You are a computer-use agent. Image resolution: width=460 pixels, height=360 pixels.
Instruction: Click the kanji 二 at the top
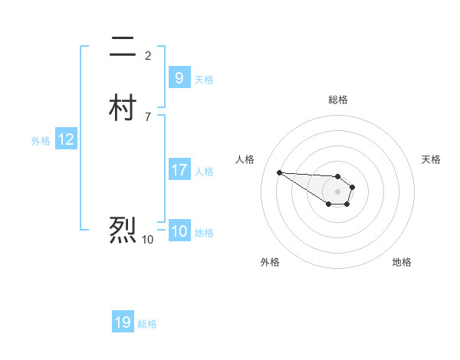(123, 47)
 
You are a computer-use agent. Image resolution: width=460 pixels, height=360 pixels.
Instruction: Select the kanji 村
(123, 109)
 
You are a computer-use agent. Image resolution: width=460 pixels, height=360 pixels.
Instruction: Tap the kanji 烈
(123, 230)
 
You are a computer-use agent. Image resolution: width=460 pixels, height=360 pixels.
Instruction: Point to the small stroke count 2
(148, 55)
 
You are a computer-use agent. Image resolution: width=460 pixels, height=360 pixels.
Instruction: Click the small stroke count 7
(148, 116)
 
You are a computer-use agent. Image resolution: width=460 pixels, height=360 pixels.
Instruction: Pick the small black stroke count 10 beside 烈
(147, 239)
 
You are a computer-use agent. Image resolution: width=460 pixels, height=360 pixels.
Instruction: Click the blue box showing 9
(179, 78)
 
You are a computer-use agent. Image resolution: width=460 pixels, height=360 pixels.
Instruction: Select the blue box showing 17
(179, 170)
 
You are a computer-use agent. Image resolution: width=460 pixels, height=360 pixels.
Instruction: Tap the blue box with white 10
(179, 231)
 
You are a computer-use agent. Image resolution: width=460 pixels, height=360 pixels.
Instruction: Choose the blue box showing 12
(65, 139)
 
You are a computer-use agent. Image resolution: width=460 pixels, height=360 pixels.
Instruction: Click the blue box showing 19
(123, 322)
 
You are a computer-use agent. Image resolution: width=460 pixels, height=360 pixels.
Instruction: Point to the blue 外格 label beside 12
(41, 141)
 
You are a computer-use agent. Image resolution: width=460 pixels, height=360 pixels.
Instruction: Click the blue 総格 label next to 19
(147, 324)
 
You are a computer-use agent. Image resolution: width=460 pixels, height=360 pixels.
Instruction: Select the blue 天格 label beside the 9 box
(204, 80)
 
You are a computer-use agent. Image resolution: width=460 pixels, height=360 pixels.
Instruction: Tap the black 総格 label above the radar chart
(337, 100)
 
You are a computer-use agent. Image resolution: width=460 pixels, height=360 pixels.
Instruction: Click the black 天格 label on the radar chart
(431, 159)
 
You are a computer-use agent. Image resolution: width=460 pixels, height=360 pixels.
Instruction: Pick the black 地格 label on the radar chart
(402, 262)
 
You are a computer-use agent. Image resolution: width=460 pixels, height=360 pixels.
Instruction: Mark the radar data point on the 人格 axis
(279, 172)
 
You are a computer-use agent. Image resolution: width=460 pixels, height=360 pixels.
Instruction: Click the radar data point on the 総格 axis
(337, 176)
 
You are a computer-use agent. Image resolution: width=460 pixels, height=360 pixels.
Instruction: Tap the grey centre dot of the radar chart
(337, 191)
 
